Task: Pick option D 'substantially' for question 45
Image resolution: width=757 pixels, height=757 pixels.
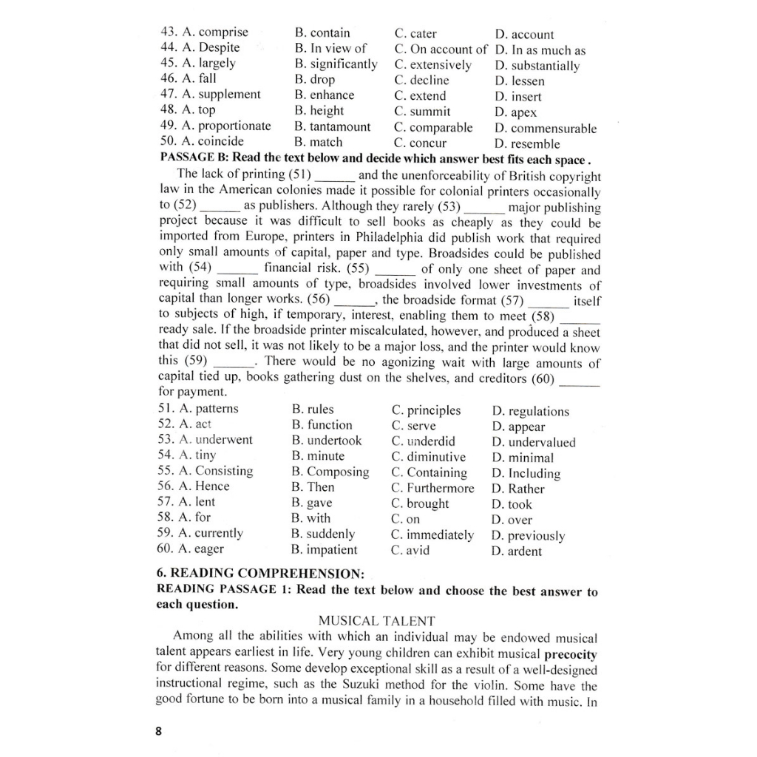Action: [x=537, y=66]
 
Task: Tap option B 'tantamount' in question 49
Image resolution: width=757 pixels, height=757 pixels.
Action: [x=332, y=126]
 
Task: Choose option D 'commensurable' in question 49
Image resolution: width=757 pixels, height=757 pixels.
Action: [x=546, y=129]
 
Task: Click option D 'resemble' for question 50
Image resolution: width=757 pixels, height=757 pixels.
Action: [x=527, y=144]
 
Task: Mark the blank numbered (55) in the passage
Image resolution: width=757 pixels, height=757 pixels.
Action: [x=398, y=270]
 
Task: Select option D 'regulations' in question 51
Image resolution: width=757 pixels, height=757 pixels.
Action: [x=530, y=412]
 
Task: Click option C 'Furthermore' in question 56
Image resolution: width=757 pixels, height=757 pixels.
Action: [x=432, y=488]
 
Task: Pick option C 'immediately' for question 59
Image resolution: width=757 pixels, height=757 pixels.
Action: [x=432, y=534]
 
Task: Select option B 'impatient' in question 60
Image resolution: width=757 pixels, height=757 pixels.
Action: [x=324, y=550]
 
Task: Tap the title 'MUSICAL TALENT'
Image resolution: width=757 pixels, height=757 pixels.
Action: [x=376, y=621]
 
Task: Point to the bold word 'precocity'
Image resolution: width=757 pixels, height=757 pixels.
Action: [x=570, y=655]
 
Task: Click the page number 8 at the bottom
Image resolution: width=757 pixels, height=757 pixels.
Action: [x=158, y=731]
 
